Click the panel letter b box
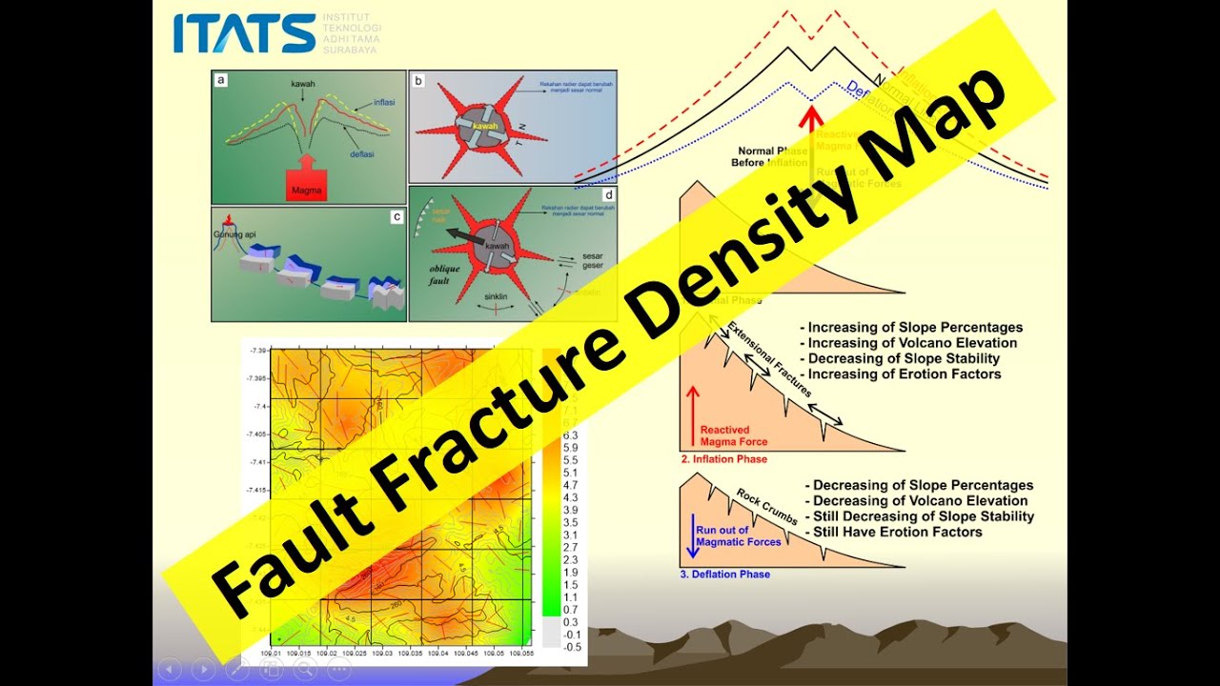(x=418, y=81)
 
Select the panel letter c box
(x=396, y=216)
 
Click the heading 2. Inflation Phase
(x=723, y=459)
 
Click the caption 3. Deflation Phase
(x=724, y=575)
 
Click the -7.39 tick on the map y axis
(x=258, y=351)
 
